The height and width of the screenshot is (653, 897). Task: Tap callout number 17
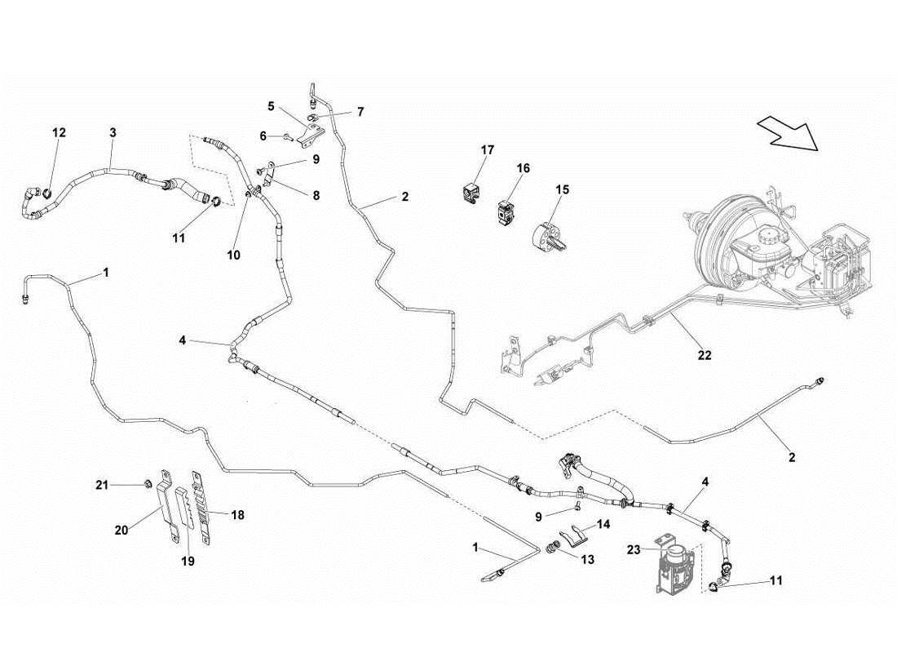487,150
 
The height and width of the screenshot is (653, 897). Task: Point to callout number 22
705,355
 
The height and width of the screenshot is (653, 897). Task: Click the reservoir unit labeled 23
674,564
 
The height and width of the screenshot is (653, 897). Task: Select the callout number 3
113,132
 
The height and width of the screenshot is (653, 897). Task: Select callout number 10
234,255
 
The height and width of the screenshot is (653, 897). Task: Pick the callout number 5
271,105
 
